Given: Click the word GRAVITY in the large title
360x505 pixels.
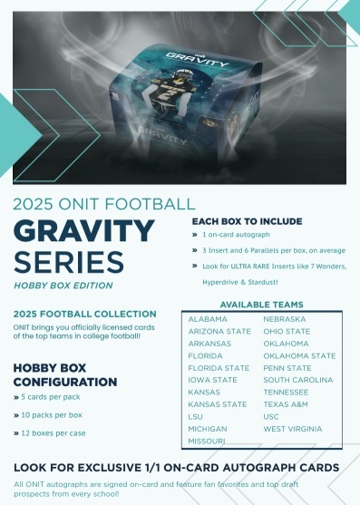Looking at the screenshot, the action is (x=84, y=231).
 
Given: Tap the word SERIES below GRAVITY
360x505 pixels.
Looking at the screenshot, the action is (x=69, y=261).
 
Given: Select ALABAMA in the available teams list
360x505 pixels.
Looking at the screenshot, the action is (x=208, y=319).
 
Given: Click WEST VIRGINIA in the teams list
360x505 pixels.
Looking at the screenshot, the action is (x=293, y=429).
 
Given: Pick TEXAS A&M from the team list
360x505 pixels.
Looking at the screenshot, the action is (x=286, y=404).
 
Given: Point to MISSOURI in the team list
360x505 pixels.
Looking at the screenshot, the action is (x=207, y=441).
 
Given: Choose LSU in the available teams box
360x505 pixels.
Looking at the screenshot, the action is (x=196, y=417).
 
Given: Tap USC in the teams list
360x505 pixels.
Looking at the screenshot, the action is (x=271, y=417).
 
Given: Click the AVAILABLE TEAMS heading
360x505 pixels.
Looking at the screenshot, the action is (x=262, y=305).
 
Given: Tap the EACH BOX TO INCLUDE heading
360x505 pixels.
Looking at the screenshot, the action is (x=247, y=221).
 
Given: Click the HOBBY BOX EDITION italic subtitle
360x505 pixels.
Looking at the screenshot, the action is (x=63, y=286).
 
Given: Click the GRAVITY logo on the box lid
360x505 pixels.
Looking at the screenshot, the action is (x=197, y=59).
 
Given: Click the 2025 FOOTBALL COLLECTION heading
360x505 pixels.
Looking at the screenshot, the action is (x=85, y=314).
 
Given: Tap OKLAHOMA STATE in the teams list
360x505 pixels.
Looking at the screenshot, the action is (x=299, y=356).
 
